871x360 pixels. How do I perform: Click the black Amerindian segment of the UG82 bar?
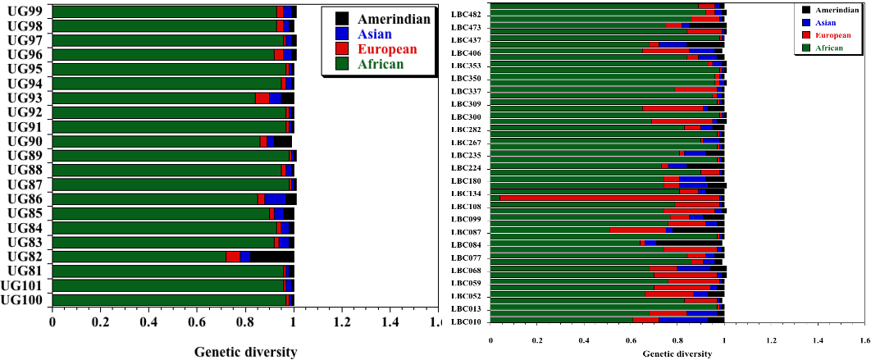(x=272, y=257)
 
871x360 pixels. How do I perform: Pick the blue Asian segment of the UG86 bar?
(x=275, y=198)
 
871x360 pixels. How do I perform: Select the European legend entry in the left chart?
(x=385, y=49)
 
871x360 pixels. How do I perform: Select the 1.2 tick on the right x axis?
(x=770, y=339)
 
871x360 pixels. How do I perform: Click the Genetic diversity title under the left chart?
(x=245, y=353)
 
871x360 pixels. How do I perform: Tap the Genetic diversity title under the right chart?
(x=677, y=353)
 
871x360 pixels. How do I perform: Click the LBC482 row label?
(x=466, y=15)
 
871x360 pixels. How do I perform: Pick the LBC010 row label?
(x=466, y=321)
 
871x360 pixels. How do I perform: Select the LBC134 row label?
(x=466, y=194)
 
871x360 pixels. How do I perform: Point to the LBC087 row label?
(x=466, y=232)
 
